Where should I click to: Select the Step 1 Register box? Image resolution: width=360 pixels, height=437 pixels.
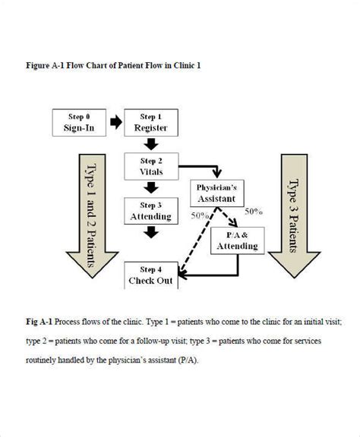pyautogui.click(x=150, y=122)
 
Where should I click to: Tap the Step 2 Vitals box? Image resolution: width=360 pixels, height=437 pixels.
pyautogui.click(x=150, y=166)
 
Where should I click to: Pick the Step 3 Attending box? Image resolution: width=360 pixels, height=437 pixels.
pyautogui.click(x=150, y=210)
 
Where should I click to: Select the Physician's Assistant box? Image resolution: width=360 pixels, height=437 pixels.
pyautogui.click(x=217, y=193)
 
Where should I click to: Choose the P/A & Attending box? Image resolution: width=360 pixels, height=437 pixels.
pyautogui.click(x=237, y=241)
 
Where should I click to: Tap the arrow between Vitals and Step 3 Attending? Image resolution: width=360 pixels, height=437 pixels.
pyautogui.click(x=150, y=187)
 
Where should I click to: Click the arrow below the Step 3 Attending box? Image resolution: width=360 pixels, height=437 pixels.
pyautogui.click(x=150, y=232)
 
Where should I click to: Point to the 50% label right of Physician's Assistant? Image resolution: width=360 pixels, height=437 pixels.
pyautogui.click(x=254, y=212)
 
